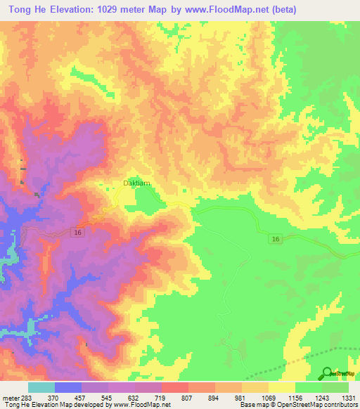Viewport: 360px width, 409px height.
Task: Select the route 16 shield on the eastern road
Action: point(276,240)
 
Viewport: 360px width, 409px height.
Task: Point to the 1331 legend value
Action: point(349,397)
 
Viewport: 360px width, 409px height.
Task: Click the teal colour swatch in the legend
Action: point(41,387)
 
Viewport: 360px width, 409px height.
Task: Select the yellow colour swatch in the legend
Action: point(282,387)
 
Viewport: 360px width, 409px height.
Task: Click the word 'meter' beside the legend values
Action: point(8,397)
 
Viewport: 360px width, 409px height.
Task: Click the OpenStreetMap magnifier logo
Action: point(327,373)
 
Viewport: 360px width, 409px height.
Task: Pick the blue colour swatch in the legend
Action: point(68,387)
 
